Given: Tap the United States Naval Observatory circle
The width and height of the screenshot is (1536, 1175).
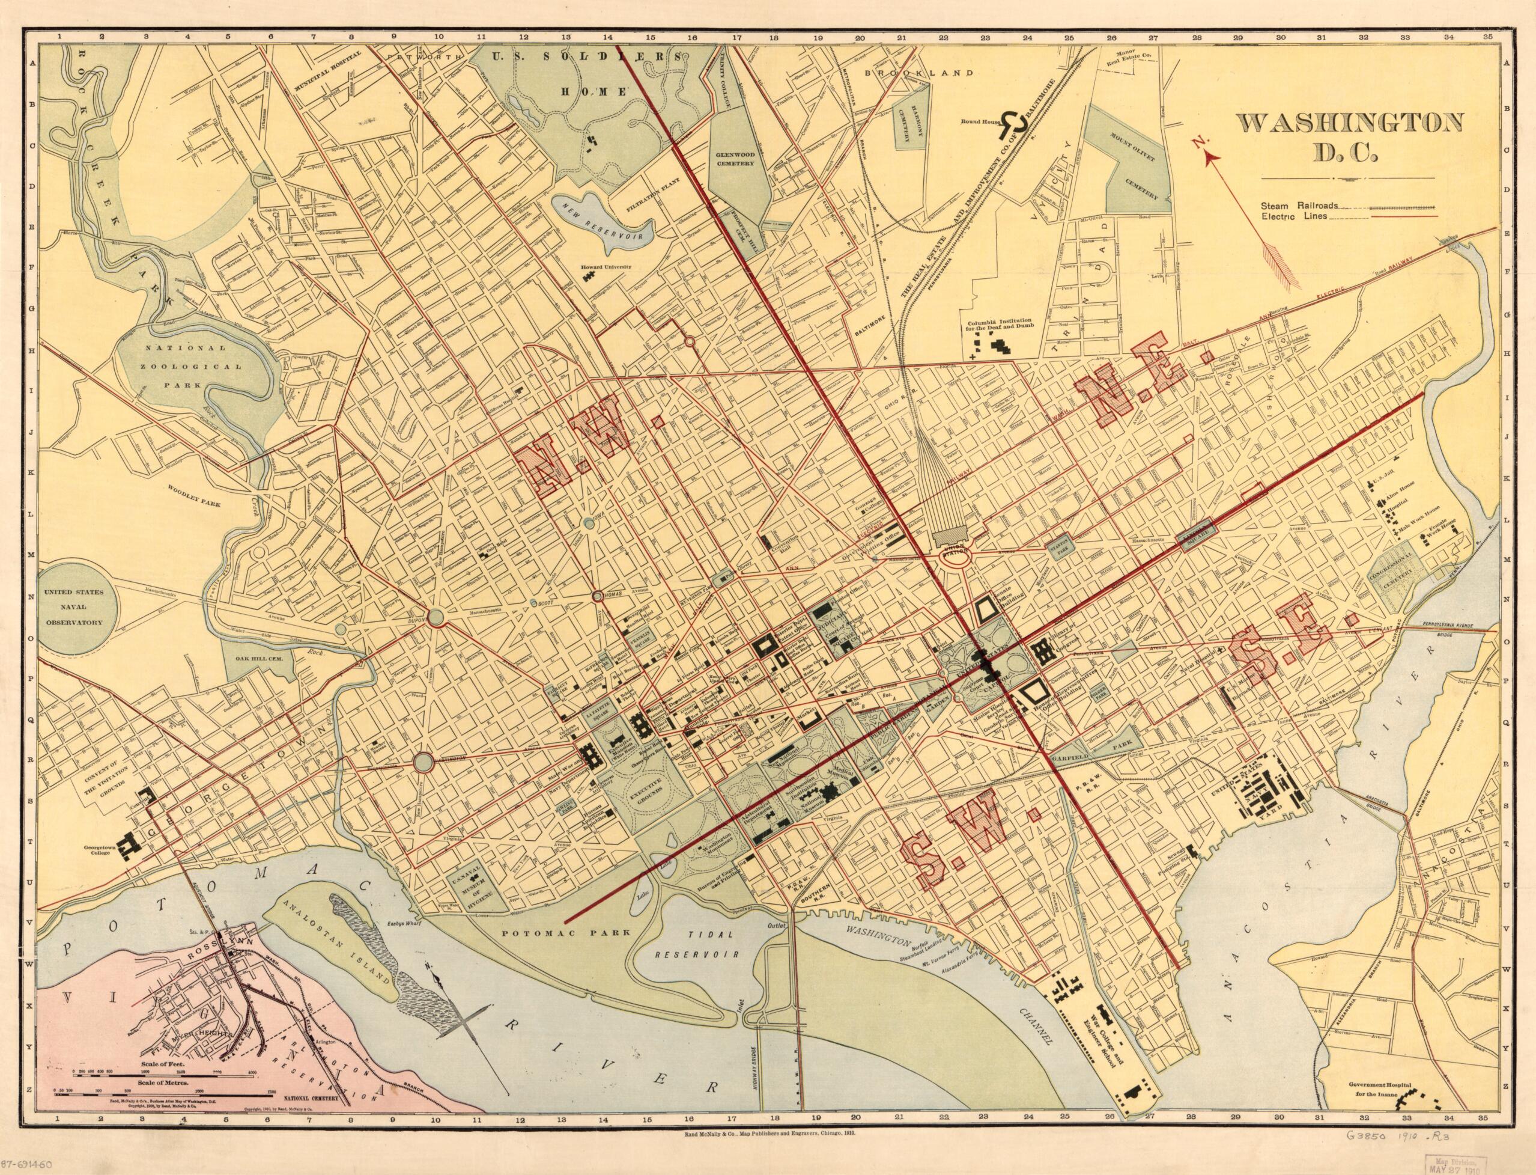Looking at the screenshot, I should coord(72,607).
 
